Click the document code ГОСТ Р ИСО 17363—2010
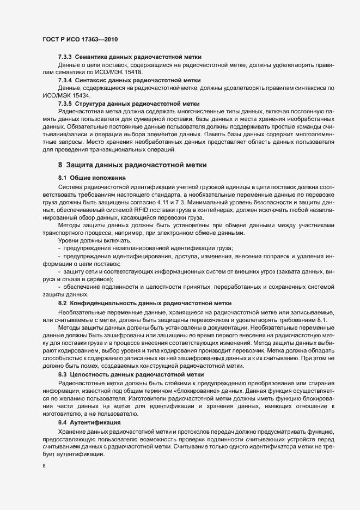pos(80,40)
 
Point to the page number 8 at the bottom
pos(44,466)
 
